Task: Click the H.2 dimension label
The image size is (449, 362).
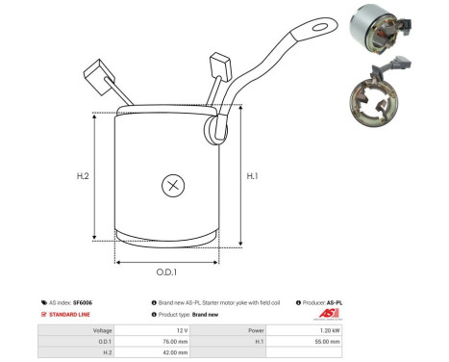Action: click(x=82, y=176)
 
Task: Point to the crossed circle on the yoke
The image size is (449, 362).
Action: click(x=173, y=184)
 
